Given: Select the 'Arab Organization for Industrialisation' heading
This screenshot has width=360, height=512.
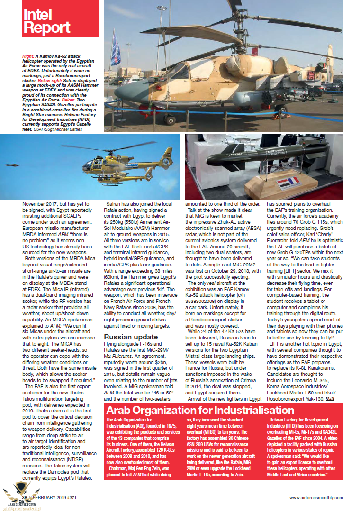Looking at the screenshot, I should [x=200, y=410].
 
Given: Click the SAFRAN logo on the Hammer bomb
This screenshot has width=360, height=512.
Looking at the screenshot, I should [x=235, y=155].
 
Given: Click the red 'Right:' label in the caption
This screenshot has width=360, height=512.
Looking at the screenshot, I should [x=28, y=56].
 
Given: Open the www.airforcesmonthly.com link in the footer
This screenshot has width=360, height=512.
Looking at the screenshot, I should [x=316, y=497].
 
